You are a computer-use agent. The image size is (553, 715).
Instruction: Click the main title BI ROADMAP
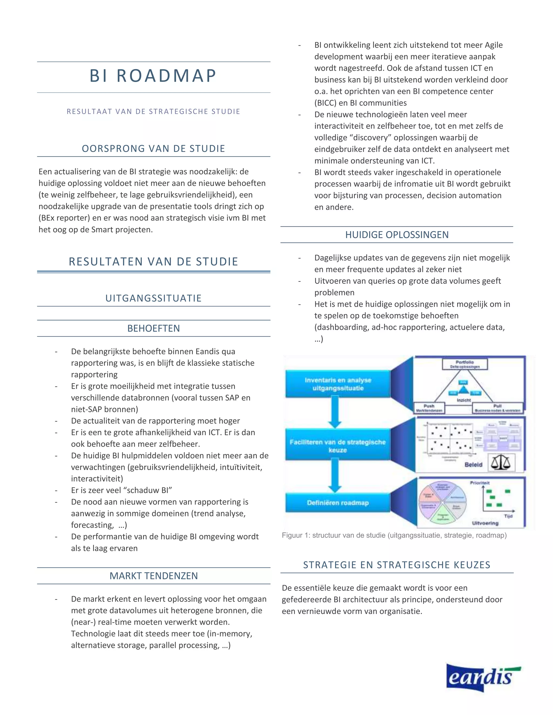click(x=153, y=76)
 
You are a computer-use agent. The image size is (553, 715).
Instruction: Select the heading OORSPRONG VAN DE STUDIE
click(x=153, y=149)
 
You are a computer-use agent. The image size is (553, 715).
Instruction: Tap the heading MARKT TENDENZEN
click(x=154, y=576)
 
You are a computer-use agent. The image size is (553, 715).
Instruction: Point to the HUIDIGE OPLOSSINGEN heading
click(x=397, y=235)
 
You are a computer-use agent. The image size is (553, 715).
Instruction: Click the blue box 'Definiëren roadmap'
click(x=338, y=503)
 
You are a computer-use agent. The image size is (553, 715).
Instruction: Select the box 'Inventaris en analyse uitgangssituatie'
click(x=338, y=384)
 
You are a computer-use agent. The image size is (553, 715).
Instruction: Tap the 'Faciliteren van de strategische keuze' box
click(x=338, y=446)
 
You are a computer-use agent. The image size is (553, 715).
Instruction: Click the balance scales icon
click(x=501, y=463)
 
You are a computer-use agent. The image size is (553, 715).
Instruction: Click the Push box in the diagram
click(x=429, y=408)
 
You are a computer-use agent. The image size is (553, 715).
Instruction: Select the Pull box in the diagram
click(x=497, y=408)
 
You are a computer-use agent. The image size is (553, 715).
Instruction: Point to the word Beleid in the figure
click(x=473, y=465)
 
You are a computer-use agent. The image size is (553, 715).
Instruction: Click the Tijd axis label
click(x=508, y=516)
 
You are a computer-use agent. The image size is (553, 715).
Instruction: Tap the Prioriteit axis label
click(x=480, y=483)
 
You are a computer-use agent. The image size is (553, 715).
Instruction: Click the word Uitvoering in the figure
click(x=485, y=523)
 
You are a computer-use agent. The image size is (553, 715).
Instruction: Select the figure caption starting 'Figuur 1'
click(x=394, y=535)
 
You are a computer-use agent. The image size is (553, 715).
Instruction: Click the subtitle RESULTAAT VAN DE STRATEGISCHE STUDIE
click(x=153, y=112)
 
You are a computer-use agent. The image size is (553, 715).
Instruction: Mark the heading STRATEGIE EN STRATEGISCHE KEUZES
click(x=397, y=565)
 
